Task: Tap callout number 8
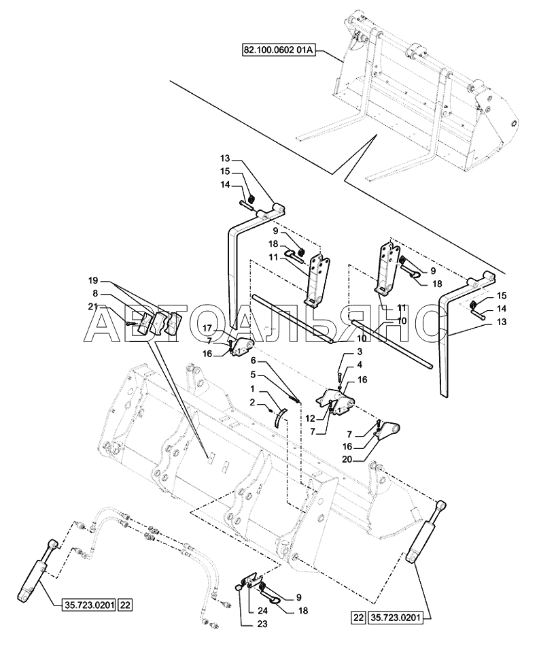pos(95,292)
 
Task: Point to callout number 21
pos(93,307)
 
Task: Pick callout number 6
pos(253,361)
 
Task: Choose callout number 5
pos(253,374)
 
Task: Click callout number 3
pos(360,352)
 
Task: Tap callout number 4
pos(360,365)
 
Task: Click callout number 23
pos(262,624)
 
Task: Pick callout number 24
pos(262,612)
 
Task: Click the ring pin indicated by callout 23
pos(239,587)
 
